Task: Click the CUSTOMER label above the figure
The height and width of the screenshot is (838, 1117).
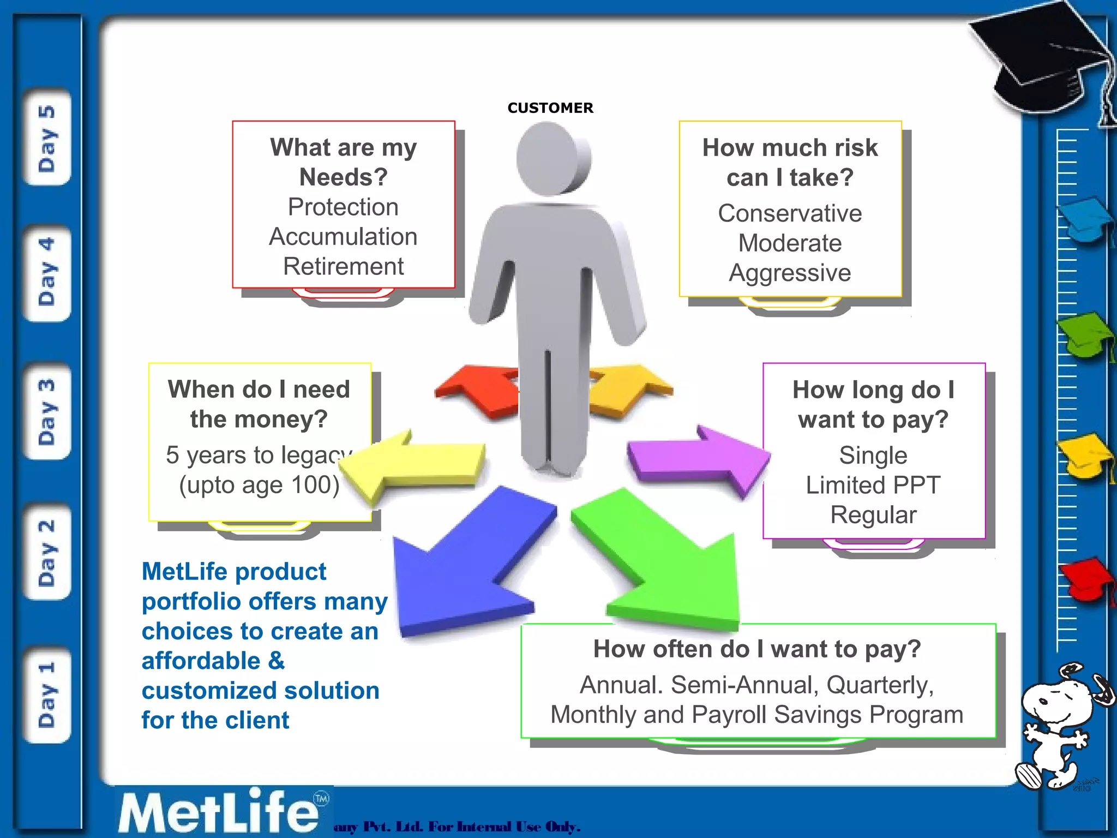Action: (550, 108)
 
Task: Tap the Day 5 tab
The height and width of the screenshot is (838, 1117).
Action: (47, 138)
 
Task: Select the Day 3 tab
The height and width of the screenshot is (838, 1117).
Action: (47, 412)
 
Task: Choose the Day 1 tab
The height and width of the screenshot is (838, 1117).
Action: (47, 695)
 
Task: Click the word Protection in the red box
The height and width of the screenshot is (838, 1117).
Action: (343, 207)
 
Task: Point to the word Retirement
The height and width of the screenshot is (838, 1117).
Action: (343, 267)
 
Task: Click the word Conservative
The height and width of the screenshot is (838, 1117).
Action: (790, 213)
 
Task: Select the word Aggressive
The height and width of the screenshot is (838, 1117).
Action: (790, 273)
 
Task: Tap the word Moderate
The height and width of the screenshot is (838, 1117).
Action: (790, 243)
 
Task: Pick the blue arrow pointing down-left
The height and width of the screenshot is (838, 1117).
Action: (464, 567)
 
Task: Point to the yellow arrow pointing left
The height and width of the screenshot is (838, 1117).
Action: (415, 464)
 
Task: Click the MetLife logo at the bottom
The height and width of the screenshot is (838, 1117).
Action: (218, 812)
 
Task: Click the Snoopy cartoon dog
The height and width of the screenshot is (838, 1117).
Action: (1058, 726)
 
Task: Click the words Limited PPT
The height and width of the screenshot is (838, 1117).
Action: (873, 485)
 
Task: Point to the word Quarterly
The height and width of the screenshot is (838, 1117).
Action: (879, 685)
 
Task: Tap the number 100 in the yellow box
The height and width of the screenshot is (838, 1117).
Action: (315, 485)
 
